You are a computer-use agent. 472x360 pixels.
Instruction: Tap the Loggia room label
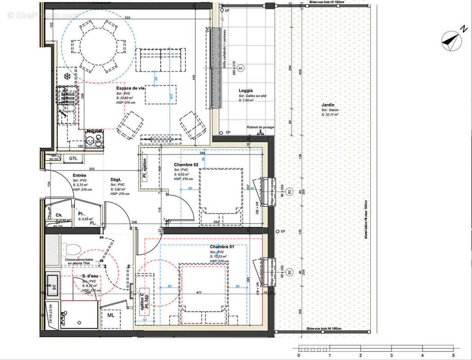245,90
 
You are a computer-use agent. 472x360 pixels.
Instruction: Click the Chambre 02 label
186,165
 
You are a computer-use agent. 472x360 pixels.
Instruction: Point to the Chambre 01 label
222,247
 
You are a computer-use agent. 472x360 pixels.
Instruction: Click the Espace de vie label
130,88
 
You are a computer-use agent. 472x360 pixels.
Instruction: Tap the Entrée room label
80,175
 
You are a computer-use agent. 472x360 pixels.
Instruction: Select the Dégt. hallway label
116,180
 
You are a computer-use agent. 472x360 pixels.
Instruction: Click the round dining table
98,46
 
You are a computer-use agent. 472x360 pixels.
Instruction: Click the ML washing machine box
111,315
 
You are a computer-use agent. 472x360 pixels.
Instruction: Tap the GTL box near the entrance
73,158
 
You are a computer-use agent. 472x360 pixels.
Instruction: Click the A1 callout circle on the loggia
241,68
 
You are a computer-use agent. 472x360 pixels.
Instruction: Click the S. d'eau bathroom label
90,276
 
